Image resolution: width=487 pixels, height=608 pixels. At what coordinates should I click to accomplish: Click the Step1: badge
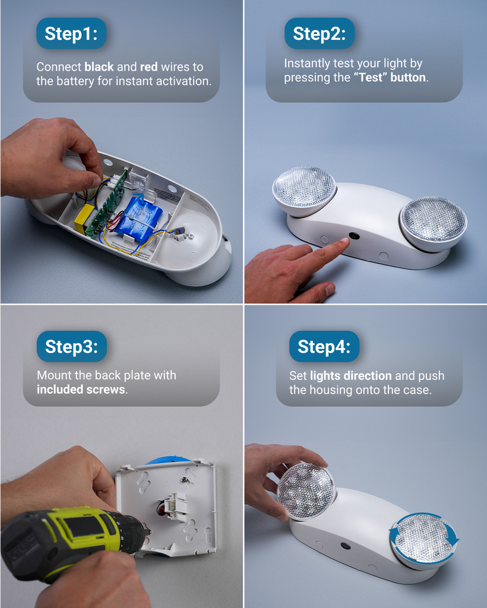(71, 33)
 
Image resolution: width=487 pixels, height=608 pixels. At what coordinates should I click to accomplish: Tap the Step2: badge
(320, 33)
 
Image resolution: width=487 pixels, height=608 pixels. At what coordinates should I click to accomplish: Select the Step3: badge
(71, 347)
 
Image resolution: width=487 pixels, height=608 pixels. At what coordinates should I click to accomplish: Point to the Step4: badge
(324, 347)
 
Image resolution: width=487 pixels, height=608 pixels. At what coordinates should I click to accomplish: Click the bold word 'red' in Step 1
(148, 67)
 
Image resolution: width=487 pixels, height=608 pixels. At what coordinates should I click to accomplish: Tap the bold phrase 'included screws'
(81, 390)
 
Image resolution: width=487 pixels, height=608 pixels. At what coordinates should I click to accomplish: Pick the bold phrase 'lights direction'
(350, 376)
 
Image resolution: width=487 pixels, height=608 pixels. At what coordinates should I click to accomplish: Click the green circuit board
(107, 202)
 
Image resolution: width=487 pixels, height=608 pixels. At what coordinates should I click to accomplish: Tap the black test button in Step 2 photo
(355, 236)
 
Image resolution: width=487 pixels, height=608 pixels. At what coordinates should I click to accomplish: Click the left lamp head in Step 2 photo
(304, 188)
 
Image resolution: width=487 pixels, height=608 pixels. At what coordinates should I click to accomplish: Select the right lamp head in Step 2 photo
(433, 220)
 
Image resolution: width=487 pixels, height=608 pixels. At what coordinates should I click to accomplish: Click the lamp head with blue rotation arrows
(424, 538)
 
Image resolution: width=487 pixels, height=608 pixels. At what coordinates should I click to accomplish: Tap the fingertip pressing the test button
(343, 242)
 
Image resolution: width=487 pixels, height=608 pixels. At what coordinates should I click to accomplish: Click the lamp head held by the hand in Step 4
(306, 490)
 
